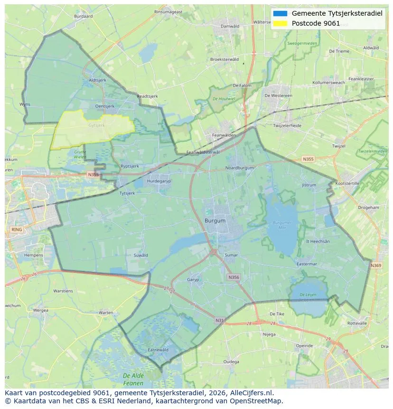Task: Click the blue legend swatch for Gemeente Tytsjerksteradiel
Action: point(280,13)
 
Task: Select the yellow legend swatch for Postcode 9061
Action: point(280,23)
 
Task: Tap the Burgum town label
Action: point(215,221)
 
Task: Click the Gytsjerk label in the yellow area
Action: point(96,125)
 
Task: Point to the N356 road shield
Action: point(234,277)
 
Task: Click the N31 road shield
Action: point(219,321)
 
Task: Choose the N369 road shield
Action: point(375,266)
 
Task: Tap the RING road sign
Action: point(16,229)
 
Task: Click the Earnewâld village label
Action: point(158,350)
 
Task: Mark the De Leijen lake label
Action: point(308,297)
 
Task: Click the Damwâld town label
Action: point(230,26)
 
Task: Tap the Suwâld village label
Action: point(141,255)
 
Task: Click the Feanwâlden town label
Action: point(224,135)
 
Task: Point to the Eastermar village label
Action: point(306,264)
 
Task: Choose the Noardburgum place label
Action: point(240,168)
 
